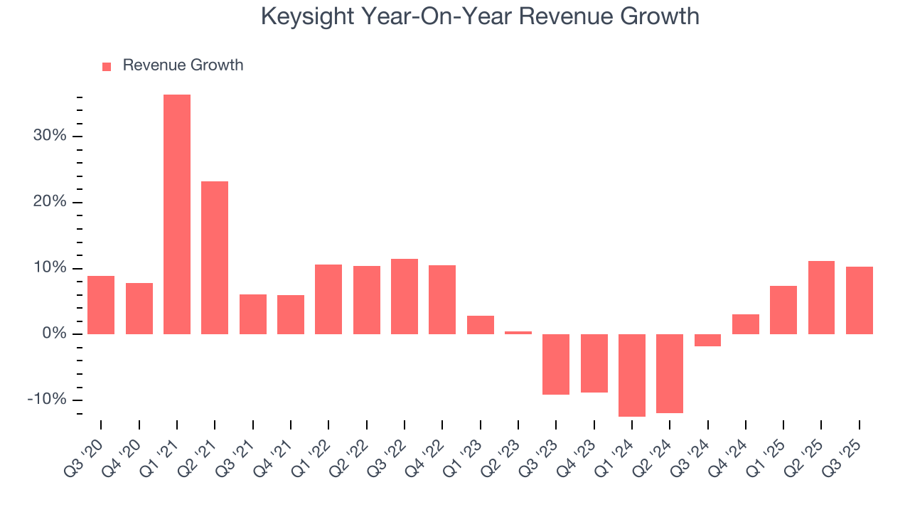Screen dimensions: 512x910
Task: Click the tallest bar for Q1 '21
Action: pos(177,214)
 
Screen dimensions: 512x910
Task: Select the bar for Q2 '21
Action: pos(215,257)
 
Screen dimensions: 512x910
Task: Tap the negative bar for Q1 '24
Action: pos(632,375)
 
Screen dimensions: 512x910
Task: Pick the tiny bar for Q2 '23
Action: pos(518,332)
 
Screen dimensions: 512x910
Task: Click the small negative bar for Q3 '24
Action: pos(707,340)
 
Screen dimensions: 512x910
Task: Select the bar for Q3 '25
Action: pos(860,300)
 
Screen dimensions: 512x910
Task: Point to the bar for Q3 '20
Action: pos(101,304)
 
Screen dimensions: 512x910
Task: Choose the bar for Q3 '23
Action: pos(556,364)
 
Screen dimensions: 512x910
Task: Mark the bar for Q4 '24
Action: pos(746,324)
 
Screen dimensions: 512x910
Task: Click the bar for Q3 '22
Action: pos(405,296)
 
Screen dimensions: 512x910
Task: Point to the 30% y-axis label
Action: pos(50,136)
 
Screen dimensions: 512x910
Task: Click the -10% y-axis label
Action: pos(46,400)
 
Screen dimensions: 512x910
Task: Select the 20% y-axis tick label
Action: pos(50,202)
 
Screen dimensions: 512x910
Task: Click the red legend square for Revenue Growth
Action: pos(107,66)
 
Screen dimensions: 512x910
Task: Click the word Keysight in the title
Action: pos(308,16)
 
